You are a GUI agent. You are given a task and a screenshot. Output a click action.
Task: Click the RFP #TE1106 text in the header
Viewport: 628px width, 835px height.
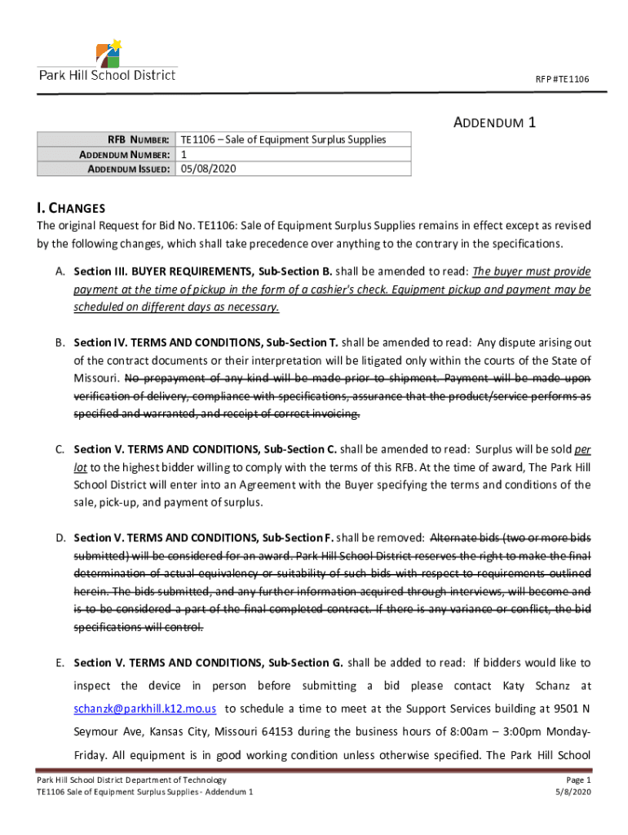tap(562, 79)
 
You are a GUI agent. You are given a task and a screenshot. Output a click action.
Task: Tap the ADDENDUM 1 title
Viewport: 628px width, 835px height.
tap(493, 123)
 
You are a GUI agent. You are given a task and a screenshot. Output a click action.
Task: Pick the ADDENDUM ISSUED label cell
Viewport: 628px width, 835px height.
tap(125, 169)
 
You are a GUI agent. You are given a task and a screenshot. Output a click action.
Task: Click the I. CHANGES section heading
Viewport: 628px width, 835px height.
tap(71, 208)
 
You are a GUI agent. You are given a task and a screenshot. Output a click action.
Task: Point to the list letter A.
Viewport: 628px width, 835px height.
tap(60, 272)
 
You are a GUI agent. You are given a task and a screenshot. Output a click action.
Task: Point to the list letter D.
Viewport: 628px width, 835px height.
tap(60, 538)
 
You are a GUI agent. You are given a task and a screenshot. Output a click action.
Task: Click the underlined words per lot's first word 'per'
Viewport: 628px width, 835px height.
tap(582, 449)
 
